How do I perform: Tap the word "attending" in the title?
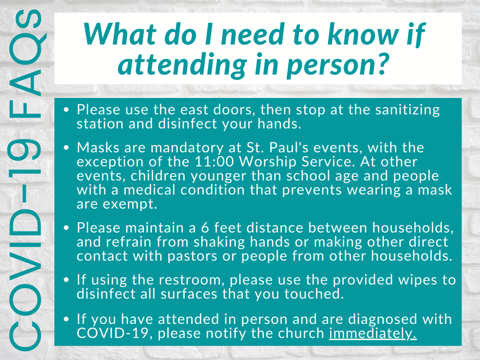182,65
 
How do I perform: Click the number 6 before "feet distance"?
205,228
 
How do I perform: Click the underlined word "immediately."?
373,334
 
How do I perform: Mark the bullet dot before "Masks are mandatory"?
67,148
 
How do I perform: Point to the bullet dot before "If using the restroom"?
67,280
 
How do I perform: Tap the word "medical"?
149,190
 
